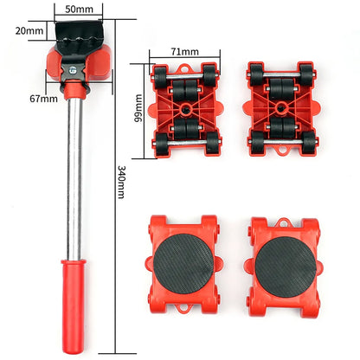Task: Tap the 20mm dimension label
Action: [29, 30]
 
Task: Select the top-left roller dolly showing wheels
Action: [183, 109]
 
